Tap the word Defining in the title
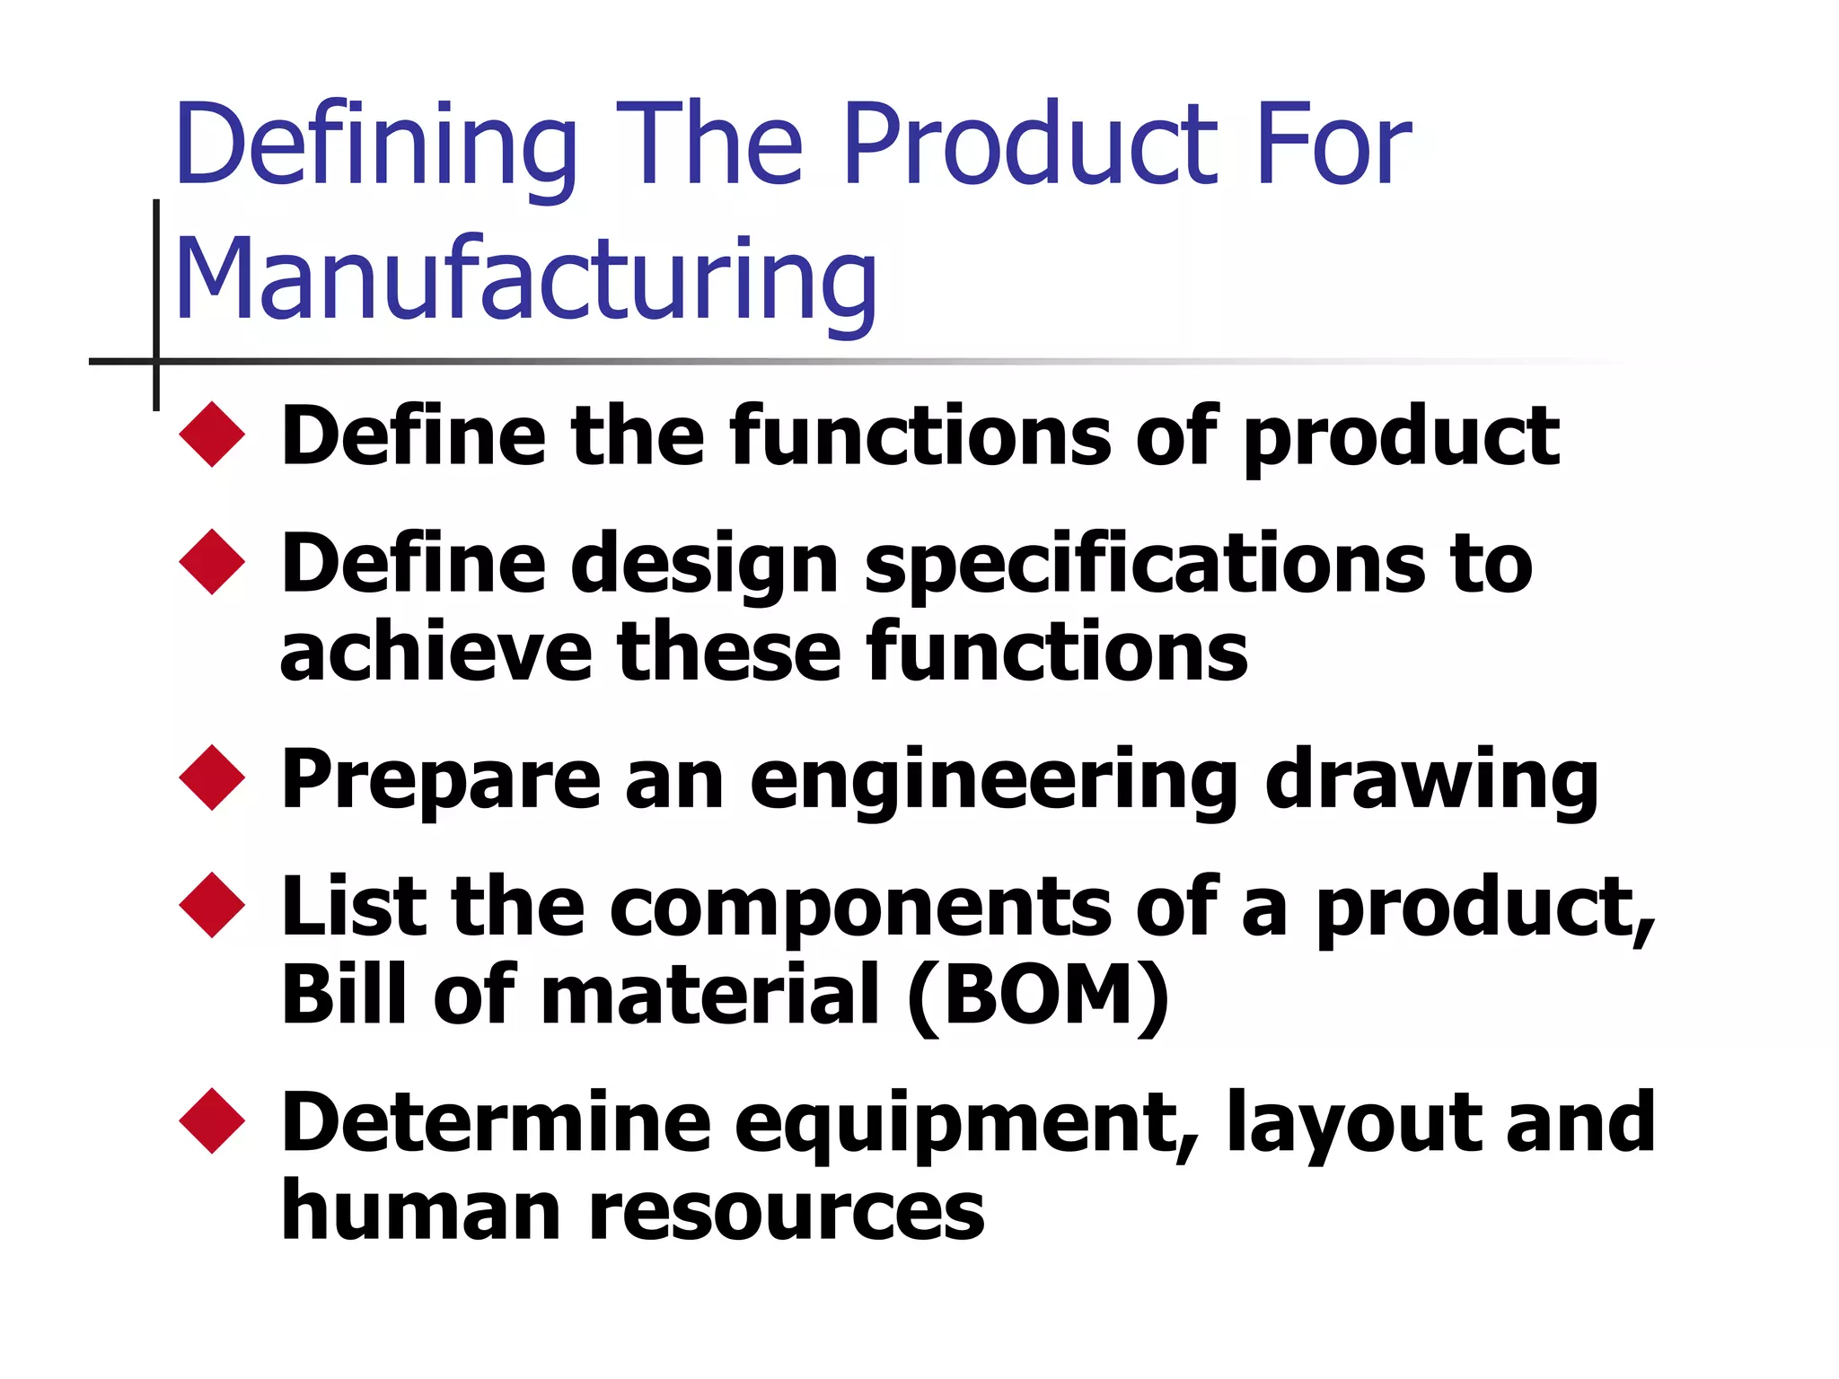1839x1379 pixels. (x=376, y=145)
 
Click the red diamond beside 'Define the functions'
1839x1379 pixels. (x=212, y=435)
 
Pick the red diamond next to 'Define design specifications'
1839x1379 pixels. (x=212, y=562)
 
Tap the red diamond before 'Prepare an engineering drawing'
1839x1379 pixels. (x=212, y=777)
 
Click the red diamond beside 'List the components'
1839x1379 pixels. (x=212, y=905)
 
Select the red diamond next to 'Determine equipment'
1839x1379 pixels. (x=212, y=1120)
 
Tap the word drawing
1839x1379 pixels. (x=1431, y=779)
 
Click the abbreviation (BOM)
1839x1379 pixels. (x=1038, y=995)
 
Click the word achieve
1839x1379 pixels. (x=436, y=652)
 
